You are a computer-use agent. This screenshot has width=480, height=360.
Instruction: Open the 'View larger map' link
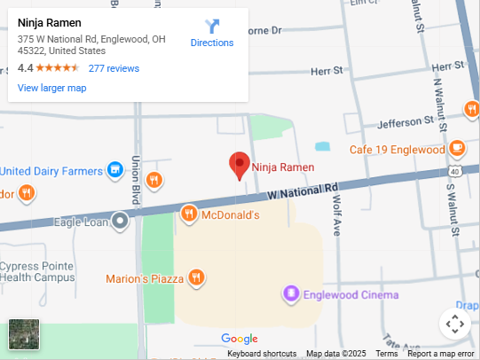51,88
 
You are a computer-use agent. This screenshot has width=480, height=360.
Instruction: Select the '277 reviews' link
114,68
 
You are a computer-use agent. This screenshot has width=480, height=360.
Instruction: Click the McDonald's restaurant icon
188,214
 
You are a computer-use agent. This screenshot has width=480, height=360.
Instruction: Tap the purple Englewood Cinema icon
290,293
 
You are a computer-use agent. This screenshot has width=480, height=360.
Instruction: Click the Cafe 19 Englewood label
397,150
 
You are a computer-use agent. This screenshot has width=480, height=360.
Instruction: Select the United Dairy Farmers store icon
114,169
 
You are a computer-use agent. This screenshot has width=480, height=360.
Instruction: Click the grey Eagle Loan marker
120,221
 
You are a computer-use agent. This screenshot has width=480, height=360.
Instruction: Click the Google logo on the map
240,339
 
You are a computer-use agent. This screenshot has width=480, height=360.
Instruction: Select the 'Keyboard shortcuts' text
262,354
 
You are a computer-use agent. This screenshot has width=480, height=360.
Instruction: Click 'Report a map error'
441,354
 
